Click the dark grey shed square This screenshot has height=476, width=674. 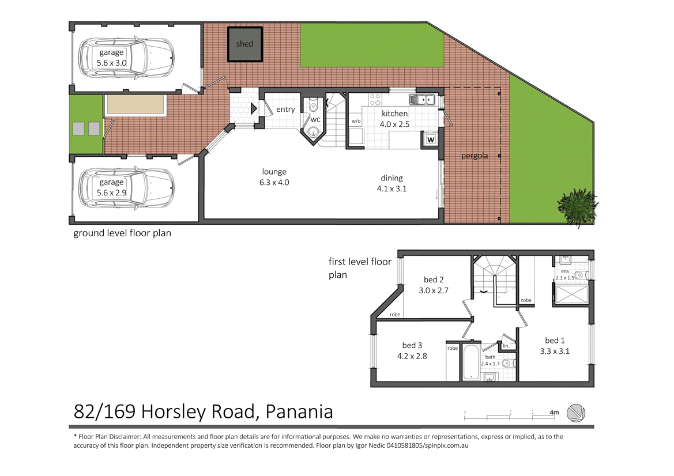244,44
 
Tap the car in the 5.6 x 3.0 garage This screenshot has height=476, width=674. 126,58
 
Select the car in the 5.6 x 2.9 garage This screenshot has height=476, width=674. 126,187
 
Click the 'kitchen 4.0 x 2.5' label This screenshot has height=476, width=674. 394,119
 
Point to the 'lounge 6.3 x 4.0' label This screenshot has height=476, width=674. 274,177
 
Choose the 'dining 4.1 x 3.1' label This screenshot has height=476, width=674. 391,183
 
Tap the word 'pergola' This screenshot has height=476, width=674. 475,156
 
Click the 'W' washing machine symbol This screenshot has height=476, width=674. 431,139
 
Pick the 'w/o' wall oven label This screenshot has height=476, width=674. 356,122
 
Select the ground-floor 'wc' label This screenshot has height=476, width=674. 315,120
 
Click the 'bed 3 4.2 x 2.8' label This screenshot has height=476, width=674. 412,350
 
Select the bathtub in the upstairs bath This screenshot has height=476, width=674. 470,362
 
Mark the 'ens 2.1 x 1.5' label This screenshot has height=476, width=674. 565,274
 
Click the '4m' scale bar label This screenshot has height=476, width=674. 554,413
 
